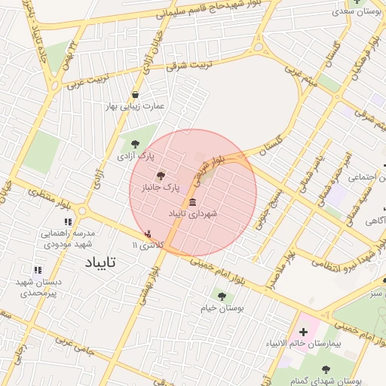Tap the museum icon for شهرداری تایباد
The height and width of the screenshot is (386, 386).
point(193,202)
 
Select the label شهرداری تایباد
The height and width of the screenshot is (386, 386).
point(192,214)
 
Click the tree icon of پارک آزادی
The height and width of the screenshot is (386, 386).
point(135,143)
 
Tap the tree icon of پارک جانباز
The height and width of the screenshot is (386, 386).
point(159,174)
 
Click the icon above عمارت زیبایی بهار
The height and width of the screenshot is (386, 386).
point(135,95)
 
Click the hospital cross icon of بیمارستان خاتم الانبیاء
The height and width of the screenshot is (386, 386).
point(303,332)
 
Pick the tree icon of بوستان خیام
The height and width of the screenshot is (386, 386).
point(221,296)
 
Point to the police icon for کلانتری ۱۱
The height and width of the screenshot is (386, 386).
point(148,234)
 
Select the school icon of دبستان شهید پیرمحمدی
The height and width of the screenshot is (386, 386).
point(37,270)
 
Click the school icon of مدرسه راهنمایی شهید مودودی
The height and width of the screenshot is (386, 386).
point(67,222)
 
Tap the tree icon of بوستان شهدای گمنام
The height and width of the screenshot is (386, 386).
point(325,369)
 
